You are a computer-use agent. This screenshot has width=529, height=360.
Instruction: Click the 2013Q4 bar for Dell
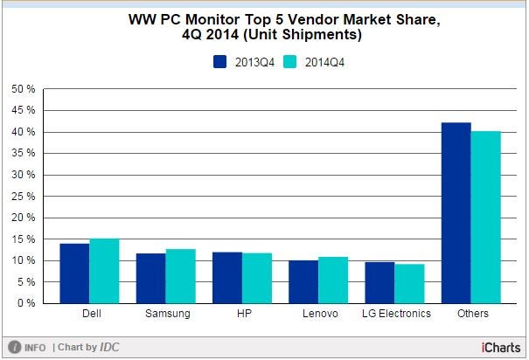tap(74, 273)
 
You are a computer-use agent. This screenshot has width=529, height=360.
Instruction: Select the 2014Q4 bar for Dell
tap(104, 271)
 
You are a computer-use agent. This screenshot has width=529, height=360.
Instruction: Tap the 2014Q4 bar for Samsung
tap(180, 276)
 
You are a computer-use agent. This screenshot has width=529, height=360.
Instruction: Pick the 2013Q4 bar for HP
tap(226, 278)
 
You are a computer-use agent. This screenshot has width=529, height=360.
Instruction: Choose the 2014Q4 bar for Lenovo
tap(332, 280)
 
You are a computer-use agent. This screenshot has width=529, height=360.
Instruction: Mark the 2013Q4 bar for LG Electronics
tap(379, 282)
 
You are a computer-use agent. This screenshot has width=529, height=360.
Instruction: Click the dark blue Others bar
tap(456, 213)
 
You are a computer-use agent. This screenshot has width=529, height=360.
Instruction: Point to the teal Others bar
tap(485, 218)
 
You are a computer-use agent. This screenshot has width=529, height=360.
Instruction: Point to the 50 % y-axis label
tap(23, 89)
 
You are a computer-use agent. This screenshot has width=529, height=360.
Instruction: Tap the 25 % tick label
tap(23, 197)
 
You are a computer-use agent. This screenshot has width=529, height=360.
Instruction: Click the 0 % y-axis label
tap(25, 303)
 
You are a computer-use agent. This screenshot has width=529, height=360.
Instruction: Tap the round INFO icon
tap(15, 347)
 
